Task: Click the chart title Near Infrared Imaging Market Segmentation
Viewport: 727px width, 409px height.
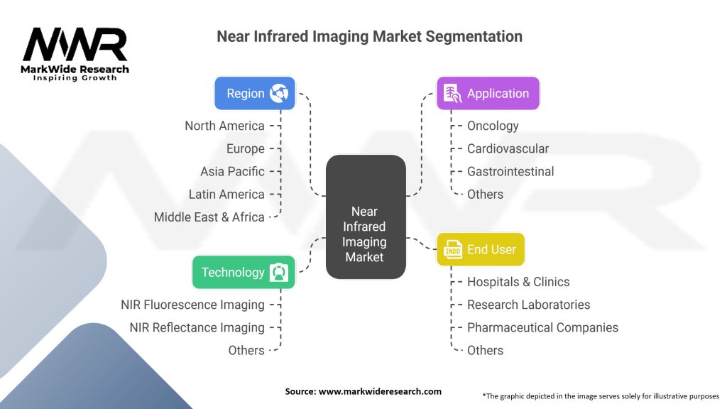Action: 369,36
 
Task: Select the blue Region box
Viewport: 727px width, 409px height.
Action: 254,93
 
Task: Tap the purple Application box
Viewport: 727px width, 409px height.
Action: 488,93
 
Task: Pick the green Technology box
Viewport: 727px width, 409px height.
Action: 243,272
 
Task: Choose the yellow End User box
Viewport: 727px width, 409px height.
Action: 480,249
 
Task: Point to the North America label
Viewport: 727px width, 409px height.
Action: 224,126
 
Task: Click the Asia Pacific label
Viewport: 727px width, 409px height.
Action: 232,171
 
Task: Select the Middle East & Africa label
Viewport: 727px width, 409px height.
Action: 209,217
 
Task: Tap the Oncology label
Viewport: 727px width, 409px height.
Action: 493,126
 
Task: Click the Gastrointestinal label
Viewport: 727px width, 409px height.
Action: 510,171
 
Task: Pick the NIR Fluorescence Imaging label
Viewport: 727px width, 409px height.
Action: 192,305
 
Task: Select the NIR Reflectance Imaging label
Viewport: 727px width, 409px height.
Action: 197,327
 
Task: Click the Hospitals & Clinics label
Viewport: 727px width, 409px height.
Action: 518,282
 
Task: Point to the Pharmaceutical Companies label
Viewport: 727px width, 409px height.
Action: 542,327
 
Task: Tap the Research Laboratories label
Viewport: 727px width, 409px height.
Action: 528,305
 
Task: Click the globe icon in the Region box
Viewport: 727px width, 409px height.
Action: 279,93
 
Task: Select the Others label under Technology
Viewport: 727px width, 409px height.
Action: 246,350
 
